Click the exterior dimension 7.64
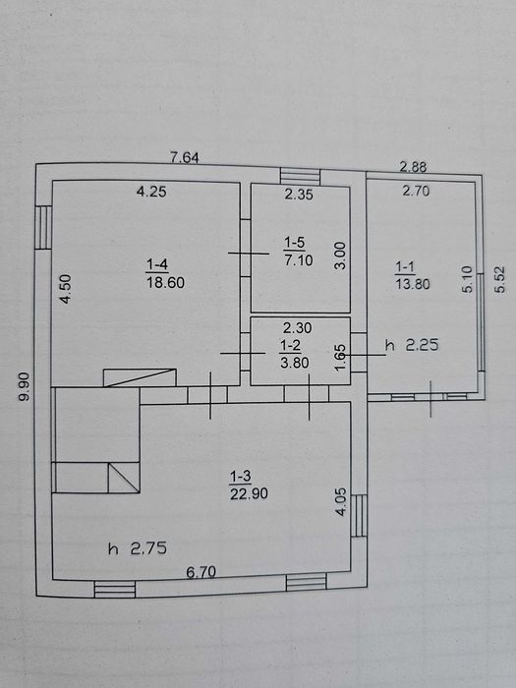[x=185, y=157]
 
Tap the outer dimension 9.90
[x=25, y=386]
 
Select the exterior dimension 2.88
[x=413, y=167]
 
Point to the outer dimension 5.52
[x=499, y=279]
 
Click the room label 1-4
[x=156, y=264]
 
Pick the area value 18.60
[x=165, y=283]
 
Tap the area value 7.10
[x=299, y=260]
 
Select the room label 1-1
[x=405, y=266]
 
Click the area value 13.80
[x=413, y=284]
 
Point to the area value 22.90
[x=249, y=493]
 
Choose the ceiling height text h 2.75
[x=138, y=548]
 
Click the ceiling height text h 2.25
[x=412, y=345]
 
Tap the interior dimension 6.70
[x=201, y=572]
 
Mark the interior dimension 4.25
[x=151, y=192]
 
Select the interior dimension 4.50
[x=66, y=289]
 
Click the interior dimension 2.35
[x=299, y=195]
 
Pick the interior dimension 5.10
[x=467, y=279]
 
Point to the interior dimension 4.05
[x=341, y=502]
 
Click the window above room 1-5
[x=300, y=176]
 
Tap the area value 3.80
[x=295, y=363]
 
